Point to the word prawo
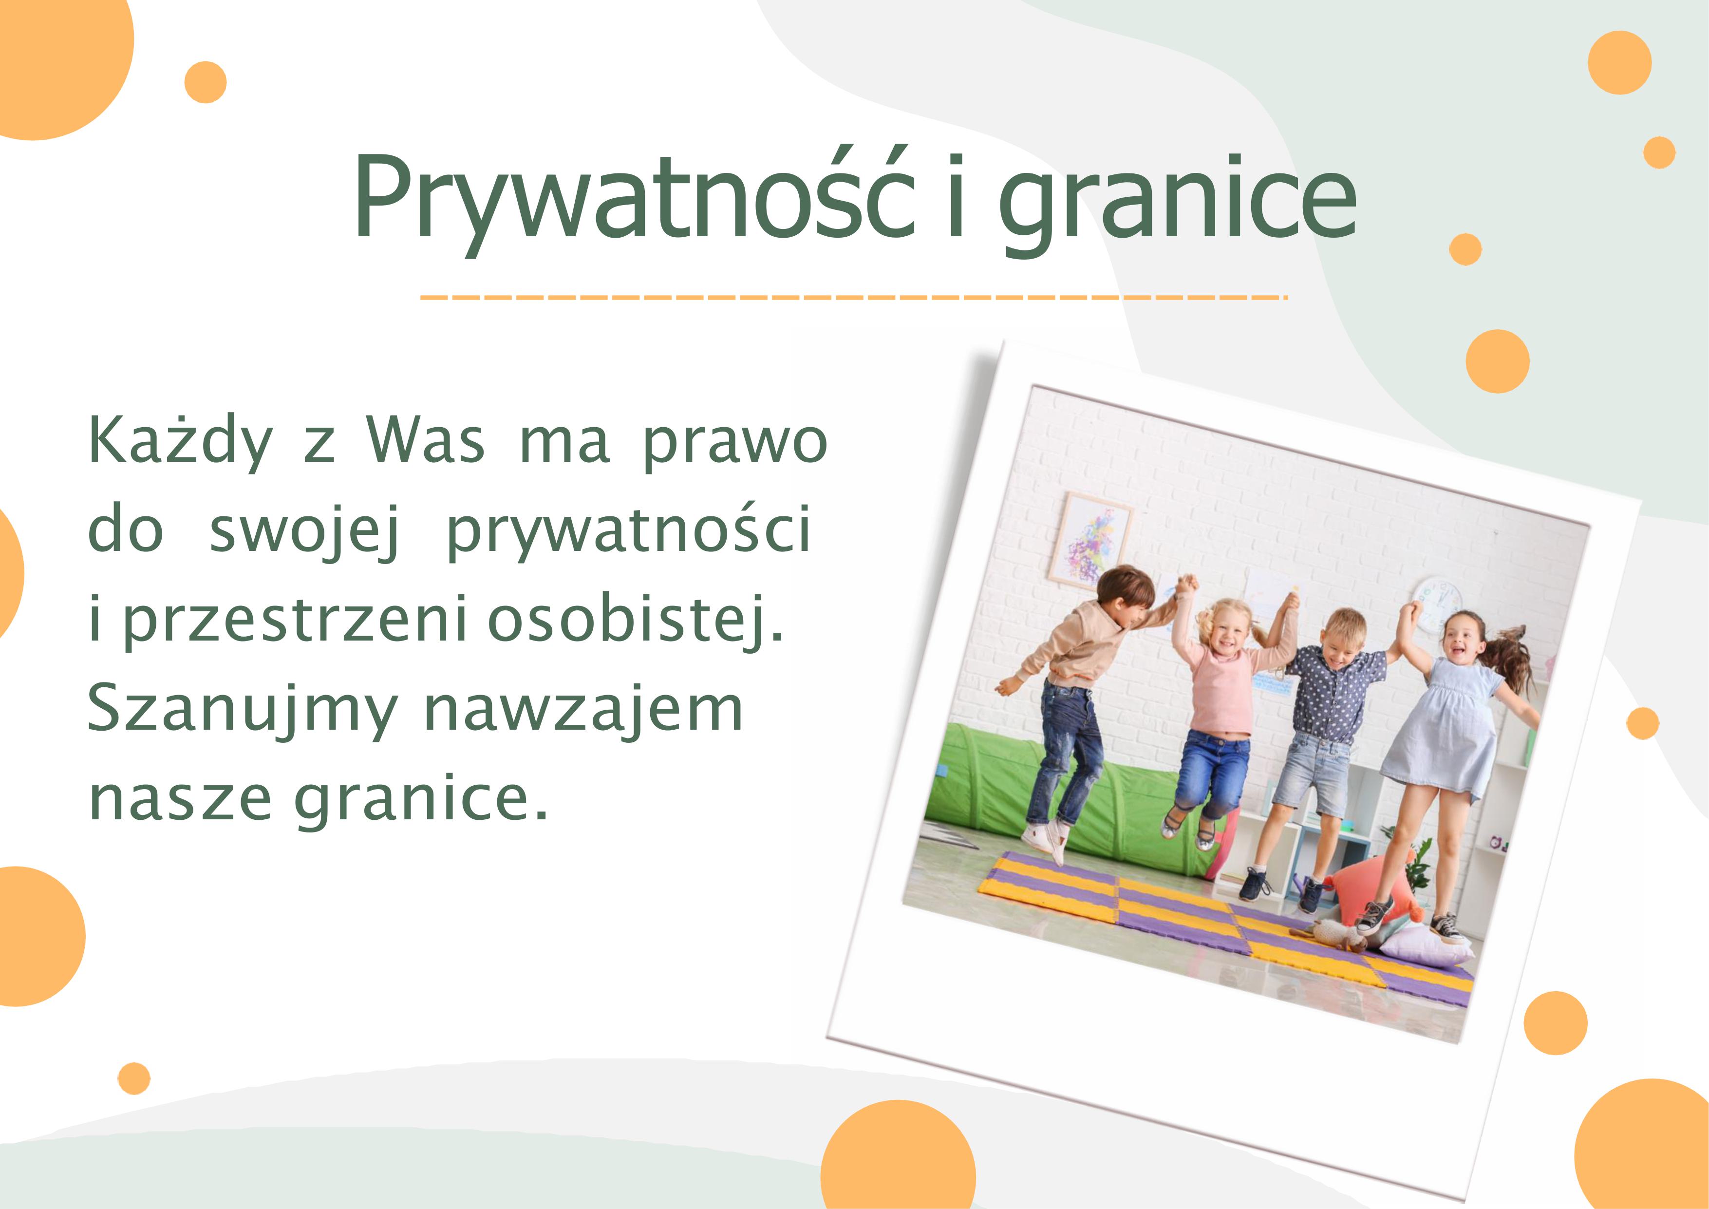[x=734, y=445]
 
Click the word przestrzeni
[x=295, y=620]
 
